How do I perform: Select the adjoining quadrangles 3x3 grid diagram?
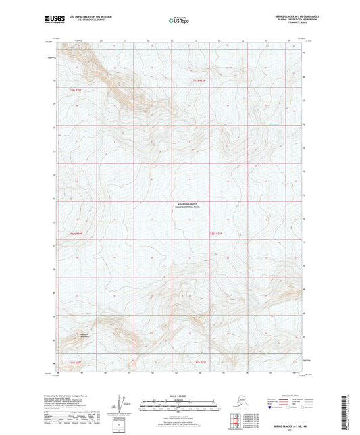[234, 419]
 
